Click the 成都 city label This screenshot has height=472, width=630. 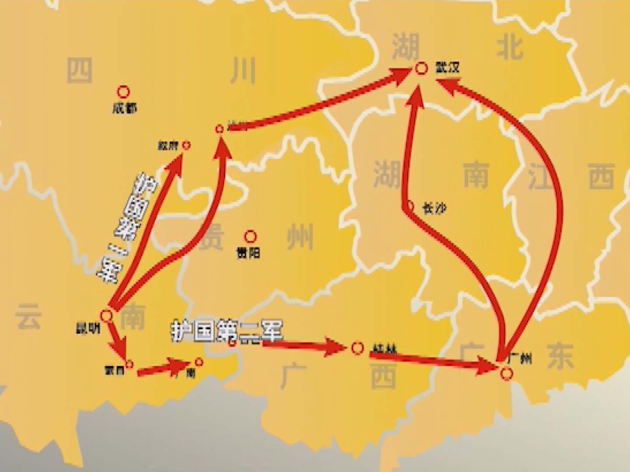pos(125,108)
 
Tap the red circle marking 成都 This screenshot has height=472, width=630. pos(124,92)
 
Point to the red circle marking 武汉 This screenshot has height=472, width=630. pos(421,68)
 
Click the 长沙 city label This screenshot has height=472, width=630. pos(434,208)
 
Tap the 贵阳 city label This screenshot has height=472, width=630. pos(248,253)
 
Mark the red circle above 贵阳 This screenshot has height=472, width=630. pos(250,236)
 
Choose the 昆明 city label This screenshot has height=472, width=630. pos(88,328)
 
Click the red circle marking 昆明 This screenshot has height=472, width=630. pos(107,315)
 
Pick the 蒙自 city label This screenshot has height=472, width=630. pos(114,371)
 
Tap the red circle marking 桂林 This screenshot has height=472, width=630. pos(357,348)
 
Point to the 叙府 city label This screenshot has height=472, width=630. pos(168,146)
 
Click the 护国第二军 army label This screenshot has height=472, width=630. pos(227,332)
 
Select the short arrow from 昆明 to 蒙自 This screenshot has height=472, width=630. pos(117,340)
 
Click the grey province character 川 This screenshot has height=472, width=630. pos(243,71)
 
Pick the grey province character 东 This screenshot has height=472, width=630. pos(560,355)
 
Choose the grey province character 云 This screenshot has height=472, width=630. pos(28,316)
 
